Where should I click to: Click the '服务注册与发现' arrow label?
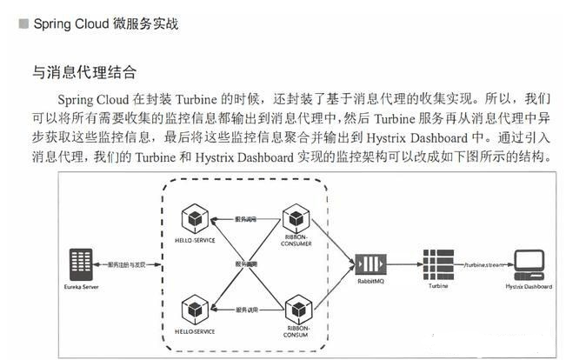pos(125,262)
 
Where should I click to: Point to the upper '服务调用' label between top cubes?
pos(243,218)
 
